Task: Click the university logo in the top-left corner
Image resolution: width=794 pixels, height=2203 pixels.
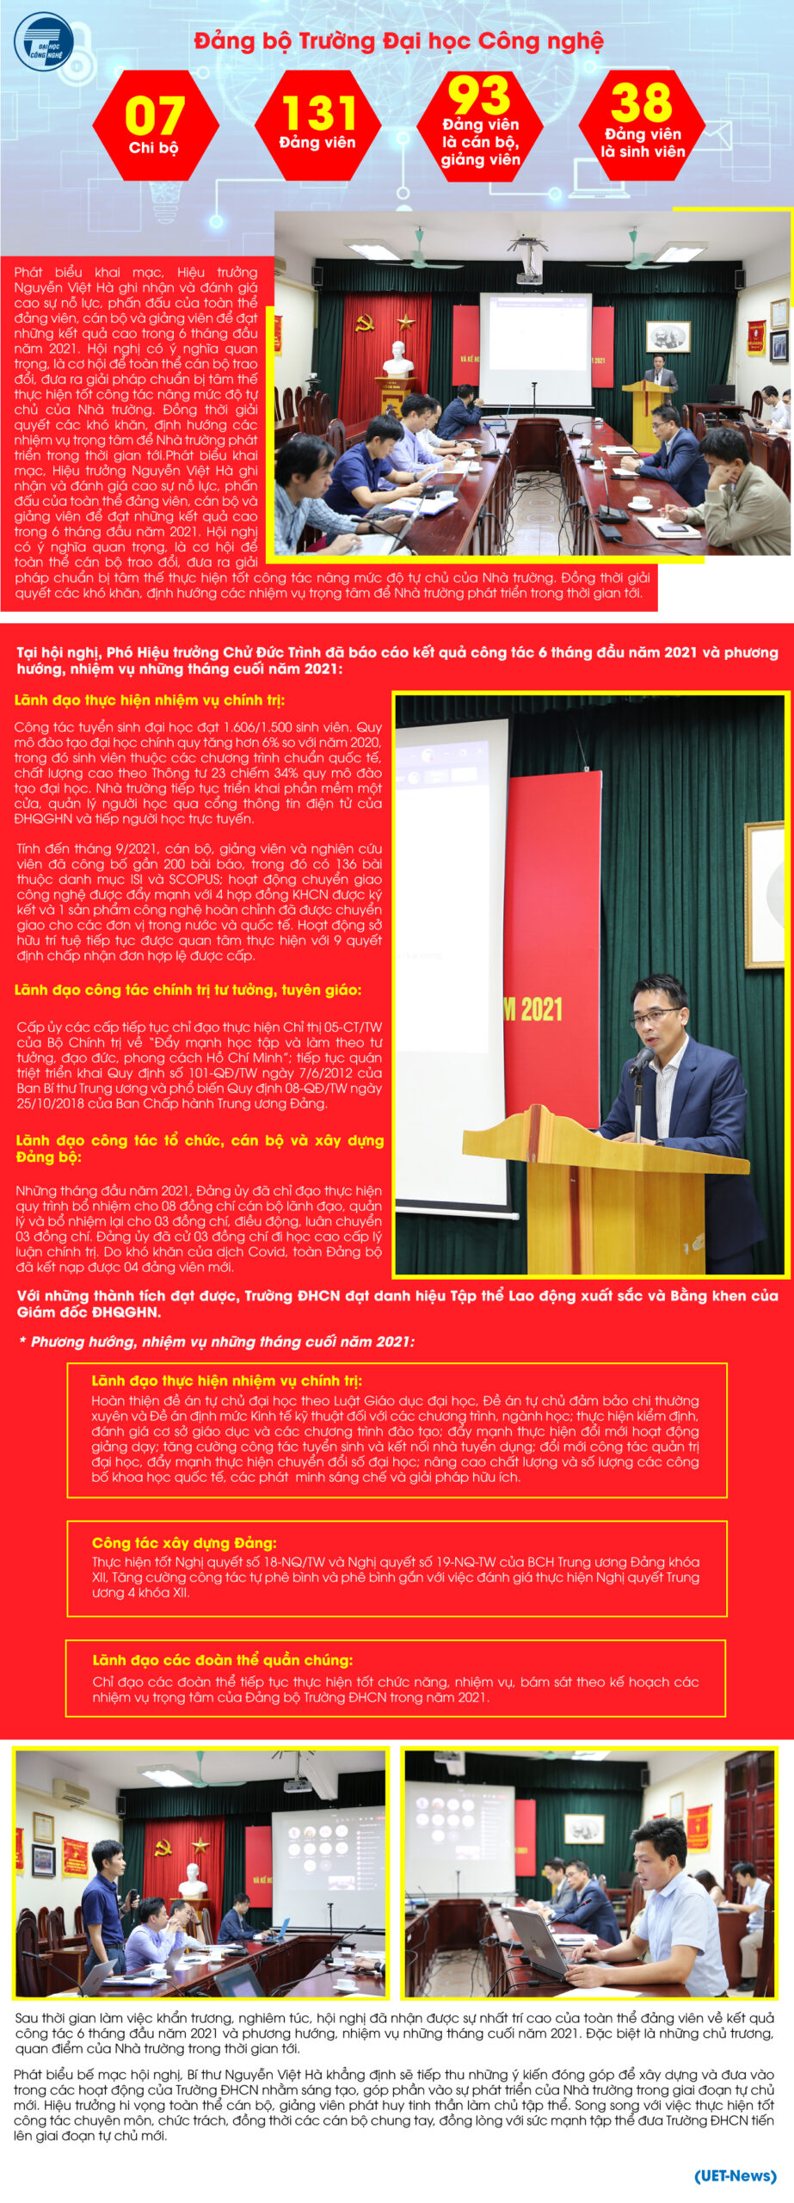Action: click(x=43, y=42)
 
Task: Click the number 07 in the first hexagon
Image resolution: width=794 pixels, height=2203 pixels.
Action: click(x=155, y=115)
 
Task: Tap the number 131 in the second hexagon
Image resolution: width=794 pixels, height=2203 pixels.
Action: click(x=319, y=113)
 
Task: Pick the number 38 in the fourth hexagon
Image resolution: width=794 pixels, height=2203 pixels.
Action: click(x=642, y=103)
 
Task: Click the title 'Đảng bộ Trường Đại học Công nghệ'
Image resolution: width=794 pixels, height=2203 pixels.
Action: click(x=398, y=41)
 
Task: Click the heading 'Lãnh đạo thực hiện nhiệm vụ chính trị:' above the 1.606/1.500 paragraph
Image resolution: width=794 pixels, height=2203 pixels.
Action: click(x=150, y=700)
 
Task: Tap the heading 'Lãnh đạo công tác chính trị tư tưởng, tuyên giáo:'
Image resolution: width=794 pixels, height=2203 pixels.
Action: click(x=188, y=990)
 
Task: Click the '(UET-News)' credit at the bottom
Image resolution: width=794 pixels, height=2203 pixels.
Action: click(x=735, y=2175)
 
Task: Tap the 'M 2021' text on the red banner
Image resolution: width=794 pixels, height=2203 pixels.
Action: click(x=533, y=1009)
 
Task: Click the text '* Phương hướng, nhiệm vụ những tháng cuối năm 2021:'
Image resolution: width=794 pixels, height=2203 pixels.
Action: click(x=216, y=1342)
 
